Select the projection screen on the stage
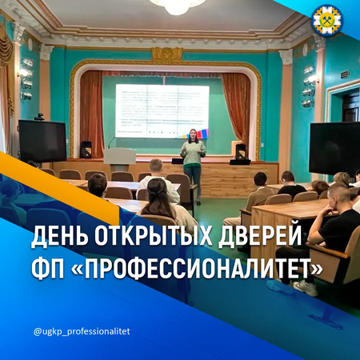(162, 110)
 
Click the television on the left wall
(42, 141)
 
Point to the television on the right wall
(334, 147)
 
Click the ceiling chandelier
(178, 6)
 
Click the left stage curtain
(91, 112)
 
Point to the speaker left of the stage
(86, 150)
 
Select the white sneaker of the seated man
(306, 287)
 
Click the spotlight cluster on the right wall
(308, 86)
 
